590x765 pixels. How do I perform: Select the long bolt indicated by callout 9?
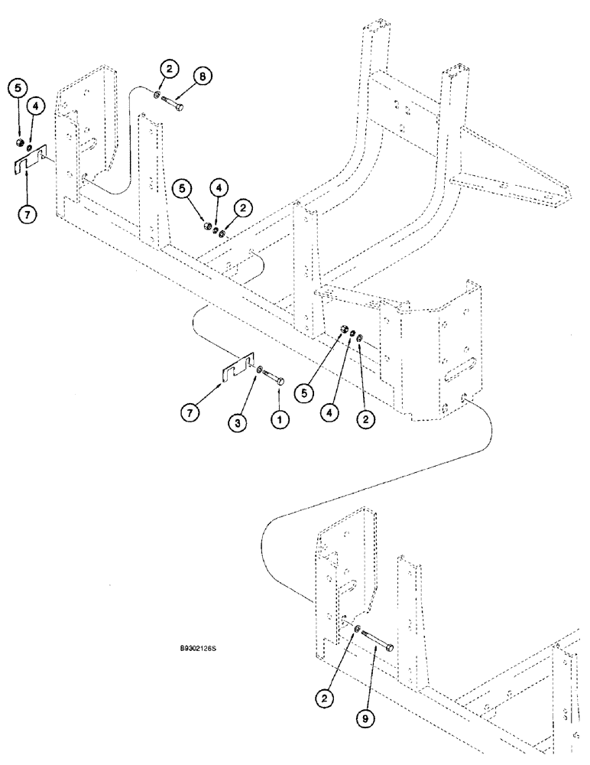pyautogui.click(x=378, y=643)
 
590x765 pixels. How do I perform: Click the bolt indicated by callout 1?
pyautogui.click(x=275, y=378)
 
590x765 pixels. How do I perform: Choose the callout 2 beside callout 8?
pyautogui.click(x=169, y=69)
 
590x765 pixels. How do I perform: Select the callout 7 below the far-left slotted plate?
pyautogui.click(x=27, y=215)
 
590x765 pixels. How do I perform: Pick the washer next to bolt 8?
pyautogui.click(x=156, y=96)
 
